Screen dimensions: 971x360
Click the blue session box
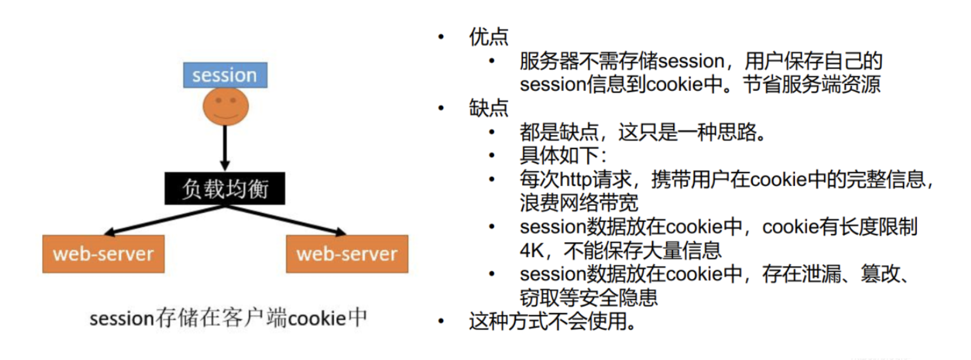click(x=225, y=75)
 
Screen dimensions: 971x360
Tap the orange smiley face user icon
click(x=225, y=106)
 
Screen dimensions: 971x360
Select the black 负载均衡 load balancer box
click(x=225, y=189)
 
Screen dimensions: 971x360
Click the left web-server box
click(x=103, y=254)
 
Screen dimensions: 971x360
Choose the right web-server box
click(x=347, y=254)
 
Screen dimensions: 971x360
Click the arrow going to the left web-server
click(x=162, y=221)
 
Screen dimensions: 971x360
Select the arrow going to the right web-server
click(x=287, y=221)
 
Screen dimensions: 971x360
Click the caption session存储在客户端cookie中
click(x=228, y=318)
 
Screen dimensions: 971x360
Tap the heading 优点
click(x=489, y=37)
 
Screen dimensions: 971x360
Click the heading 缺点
click(x=489, y=108)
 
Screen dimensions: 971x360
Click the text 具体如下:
click(x=563, y=156)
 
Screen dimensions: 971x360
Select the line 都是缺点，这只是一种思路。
click(x=643, y=132)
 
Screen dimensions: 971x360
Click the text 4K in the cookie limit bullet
click(x=532, y=251)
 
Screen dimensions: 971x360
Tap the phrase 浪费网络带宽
click(x=579, y=203)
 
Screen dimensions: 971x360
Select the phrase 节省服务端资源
click(x=812, y=85)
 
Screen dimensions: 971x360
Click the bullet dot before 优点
click(x=441, y=37)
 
